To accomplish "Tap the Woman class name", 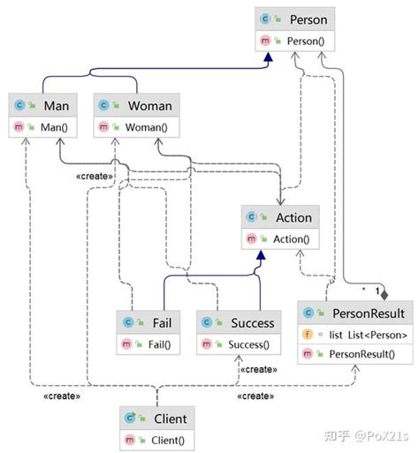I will point(149,106).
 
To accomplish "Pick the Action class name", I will point(293,218).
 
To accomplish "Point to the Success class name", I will point(252,322).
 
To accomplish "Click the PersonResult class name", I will point(369,313).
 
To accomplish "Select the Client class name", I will point(169,419).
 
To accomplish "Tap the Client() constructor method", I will point(167,440).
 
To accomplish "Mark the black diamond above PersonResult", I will point(384,293).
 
